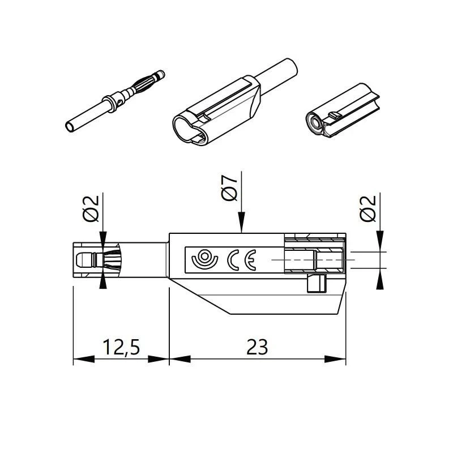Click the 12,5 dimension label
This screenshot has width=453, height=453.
[x=121, y=347]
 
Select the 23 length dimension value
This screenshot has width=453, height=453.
[x=257, y=347]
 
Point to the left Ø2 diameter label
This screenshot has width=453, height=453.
[x=91, y=208]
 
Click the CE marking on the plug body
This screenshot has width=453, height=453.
[x=242, y=260]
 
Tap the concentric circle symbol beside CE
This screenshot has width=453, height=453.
[x=204, y=258]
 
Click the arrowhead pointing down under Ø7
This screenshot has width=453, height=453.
[x=242, y=222]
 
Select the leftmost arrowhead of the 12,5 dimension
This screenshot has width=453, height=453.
[x=84, y=359]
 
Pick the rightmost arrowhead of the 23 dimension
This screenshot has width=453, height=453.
[x=335, y=359]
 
